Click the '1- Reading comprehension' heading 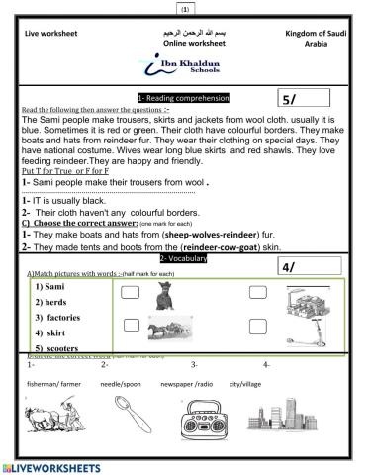coord(183,98)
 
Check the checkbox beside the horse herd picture coord(130,325)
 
